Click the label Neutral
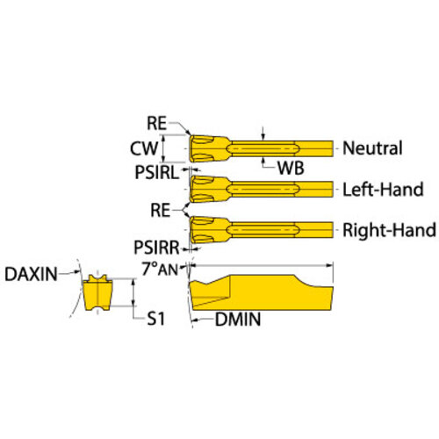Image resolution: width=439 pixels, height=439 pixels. [372, 148]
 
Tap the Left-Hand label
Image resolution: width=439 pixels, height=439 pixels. [383, 190]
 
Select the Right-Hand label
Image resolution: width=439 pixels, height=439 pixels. [389, 230]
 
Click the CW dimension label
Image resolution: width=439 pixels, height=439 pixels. [144, 148]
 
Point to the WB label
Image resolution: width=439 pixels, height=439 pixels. [291, 168]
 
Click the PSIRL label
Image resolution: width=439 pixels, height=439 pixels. [156, 172]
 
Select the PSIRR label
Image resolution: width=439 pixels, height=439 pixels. [156, 248]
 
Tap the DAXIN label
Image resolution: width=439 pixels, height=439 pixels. [31, 275]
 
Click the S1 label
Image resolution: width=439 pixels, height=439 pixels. [155, 319]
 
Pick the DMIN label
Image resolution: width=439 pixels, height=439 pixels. [238, 320]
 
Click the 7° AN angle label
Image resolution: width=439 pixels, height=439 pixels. [160, 269]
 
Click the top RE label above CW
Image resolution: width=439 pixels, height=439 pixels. [156, 123]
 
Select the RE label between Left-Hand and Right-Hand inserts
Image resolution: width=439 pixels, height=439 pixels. [160, 210]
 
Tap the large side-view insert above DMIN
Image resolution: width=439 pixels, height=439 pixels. [261, 292]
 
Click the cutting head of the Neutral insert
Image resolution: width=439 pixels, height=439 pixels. [209, 148]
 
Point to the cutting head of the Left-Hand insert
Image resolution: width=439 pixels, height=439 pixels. [209, 190]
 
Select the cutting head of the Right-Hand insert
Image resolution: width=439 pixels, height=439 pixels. [209, 230]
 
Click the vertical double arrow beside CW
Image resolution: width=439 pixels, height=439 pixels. [163, 148]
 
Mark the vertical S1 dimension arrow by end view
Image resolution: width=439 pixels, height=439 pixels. [133, 292]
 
